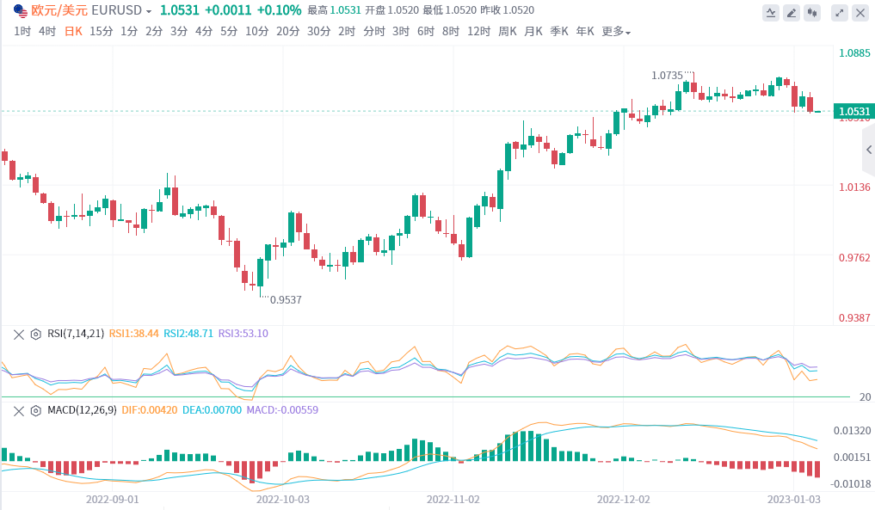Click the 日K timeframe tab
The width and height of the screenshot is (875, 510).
[x=74, y=31]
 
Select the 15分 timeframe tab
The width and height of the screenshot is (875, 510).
[x=101, y=31]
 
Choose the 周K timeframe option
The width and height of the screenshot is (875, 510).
[x=508, y=31]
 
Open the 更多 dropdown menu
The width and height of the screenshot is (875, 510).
[x=615, y=31]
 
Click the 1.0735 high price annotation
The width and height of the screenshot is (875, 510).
[x=668, y=76]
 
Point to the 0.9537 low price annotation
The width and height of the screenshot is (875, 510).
[x=286, y=299]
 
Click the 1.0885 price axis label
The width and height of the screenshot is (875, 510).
[x=854, y=52]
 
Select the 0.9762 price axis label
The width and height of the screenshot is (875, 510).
[x=854, y=257]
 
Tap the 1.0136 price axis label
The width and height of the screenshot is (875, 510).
[x=854, y=187]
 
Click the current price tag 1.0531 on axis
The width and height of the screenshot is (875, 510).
[x=854, y=111]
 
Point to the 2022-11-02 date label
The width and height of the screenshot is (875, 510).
[x=453, y=498]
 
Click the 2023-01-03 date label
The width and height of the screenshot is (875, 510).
[x=792, y=498]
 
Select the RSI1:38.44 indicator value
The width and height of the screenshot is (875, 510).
[x=133, y=334]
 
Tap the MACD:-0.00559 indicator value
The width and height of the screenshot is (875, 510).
[x=282, y=409]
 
